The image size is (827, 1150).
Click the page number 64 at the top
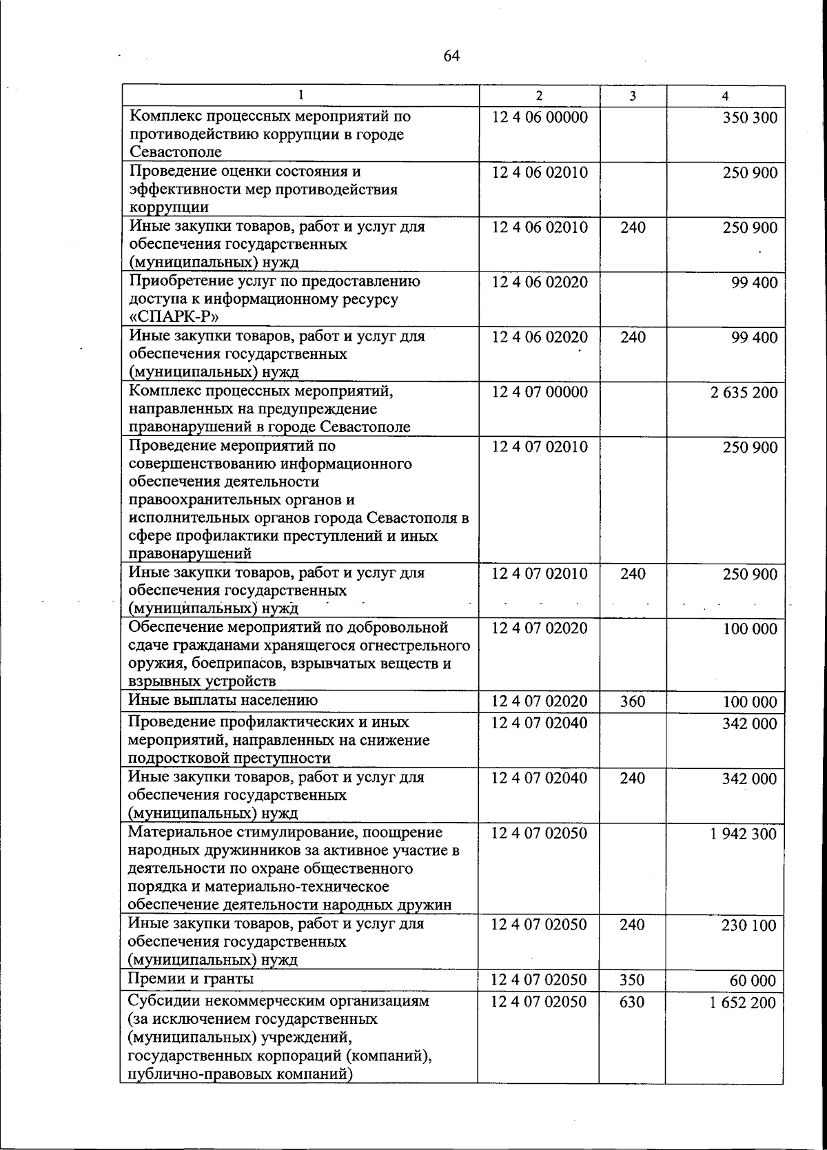tap(451, 56)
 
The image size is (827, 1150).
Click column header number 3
tap(633, 96)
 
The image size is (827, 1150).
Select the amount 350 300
tap(750, 117)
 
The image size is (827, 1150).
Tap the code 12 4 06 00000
tap(540, 117)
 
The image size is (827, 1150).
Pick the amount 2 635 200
tap(744, 393)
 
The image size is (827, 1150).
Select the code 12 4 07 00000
tap(540, 392)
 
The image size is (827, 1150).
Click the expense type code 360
tap(633, 701)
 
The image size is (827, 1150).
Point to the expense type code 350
tap(633, 980)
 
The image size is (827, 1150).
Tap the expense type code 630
tap(633, 1002)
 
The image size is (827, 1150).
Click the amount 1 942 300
tap(744, 834)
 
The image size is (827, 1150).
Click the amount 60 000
tap(753, 980)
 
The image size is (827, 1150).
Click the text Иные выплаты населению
tap(223, 700)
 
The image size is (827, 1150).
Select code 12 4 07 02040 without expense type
tap(540, 723)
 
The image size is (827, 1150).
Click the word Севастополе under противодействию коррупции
tap(175, 152)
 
